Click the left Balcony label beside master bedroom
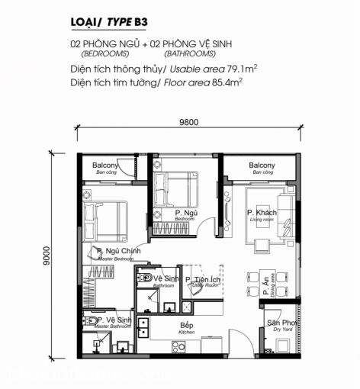105,166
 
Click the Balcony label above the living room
261,166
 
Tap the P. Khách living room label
261,213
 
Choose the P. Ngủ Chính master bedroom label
113,251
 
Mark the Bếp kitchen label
186,326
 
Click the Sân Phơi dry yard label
279,323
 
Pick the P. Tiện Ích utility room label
204,281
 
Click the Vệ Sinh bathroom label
166,279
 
